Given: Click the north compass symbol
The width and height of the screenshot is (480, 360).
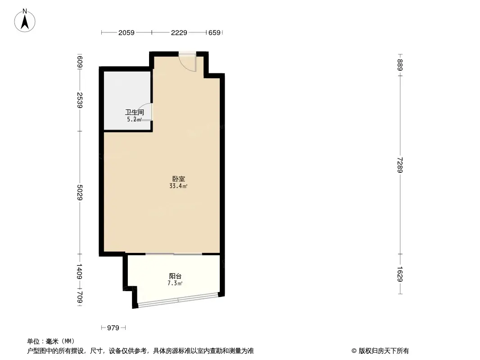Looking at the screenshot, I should [25, 20].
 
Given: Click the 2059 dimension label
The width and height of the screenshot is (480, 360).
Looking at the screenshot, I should [127, 32].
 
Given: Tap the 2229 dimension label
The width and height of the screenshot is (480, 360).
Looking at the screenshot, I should [179, 32].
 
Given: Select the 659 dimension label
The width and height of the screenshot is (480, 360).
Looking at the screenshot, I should [215, 32].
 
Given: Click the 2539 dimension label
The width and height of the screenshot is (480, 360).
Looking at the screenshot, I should [80, 100].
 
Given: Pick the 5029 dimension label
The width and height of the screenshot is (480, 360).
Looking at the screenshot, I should [80, 193].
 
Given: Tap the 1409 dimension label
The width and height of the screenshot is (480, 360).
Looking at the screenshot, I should [80, 272].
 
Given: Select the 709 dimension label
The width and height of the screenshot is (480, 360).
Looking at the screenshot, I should [80, 298].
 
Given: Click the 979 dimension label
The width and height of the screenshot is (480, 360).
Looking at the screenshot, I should [113, 328].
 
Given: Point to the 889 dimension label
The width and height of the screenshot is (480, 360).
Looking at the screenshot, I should [400, 63].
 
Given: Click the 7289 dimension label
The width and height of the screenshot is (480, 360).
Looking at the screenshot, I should [400, 165].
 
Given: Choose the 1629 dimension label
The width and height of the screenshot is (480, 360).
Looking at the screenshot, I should [400, 274].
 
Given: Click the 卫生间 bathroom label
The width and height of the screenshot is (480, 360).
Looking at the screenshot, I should [134, 112].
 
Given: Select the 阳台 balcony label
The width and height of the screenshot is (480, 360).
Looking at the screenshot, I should [175, 276].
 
